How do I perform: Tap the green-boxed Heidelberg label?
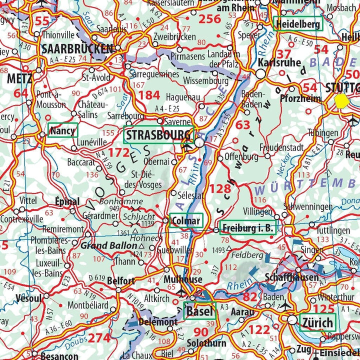298,24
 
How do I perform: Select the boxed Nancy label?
62,131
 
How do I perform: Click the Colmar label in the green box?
186,220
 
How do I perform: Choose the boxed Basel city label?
199,311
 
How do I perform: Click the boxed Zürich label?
316,323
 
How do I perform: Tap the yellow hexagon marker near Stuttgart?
342,101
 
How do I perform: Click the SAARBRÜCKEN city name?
77,48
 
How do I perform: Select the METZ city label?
19,78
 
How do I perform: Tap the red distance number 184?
148,95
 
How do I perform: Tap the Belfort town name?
121,281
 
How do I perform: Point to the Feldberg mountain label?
247,255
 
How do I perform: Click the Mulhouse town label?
183,279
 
